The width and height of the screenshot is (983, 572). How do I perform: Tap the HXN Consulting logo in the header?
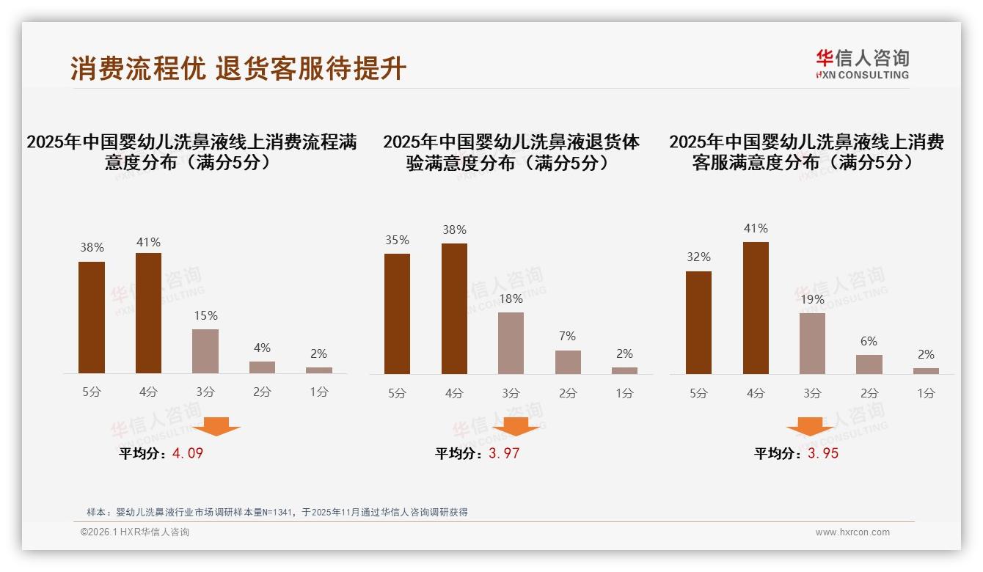tap(862, 64)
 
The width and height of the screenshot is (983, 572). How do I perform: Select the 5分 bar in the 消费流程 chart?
tap(92, 318)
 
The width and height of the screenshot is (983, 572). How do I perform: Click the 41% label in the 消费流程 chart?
tap(148, 242)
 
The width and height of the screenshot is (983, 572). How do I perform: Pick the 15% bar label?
tap(205, 315)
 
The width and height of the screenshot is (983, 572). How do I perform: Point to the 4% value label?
tap(262, 348)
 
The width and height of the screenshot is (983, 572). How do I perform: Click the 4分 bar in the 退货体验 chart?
tap(454, 309)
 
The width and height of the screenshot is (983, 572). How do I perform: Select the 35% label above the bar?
tap(397, 240)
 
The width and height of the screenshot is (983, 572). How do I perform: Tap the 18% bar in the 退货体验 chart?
tap(511, 343)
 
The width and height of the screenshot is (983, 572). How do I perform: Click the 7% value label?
tap(567, 336)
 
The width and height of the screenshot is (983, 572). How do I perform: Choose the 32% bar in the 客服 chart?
tap(698, 323)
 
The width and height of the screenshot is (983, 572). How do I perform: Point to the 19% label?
tap(812, 299)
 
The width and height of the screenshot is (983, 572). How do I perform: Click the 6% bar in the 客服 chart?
tap(869, 364)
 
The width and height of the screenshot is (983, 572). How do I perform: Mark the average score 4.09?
tap(188, 453)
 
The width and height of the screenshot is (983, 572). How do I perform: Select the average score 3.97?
tap(504, 453)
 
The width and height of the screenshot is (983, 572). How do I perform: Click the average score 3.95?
tap(823, 453)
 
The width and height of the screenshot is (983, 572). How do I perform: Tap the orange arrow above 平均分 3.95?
tap(810, 429)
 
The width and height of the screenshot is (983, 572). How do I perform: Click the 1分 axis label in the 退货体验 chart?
tap(624, 393)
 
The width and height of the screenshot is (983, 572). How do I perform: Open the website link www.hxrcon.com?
tap(852, 532)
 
